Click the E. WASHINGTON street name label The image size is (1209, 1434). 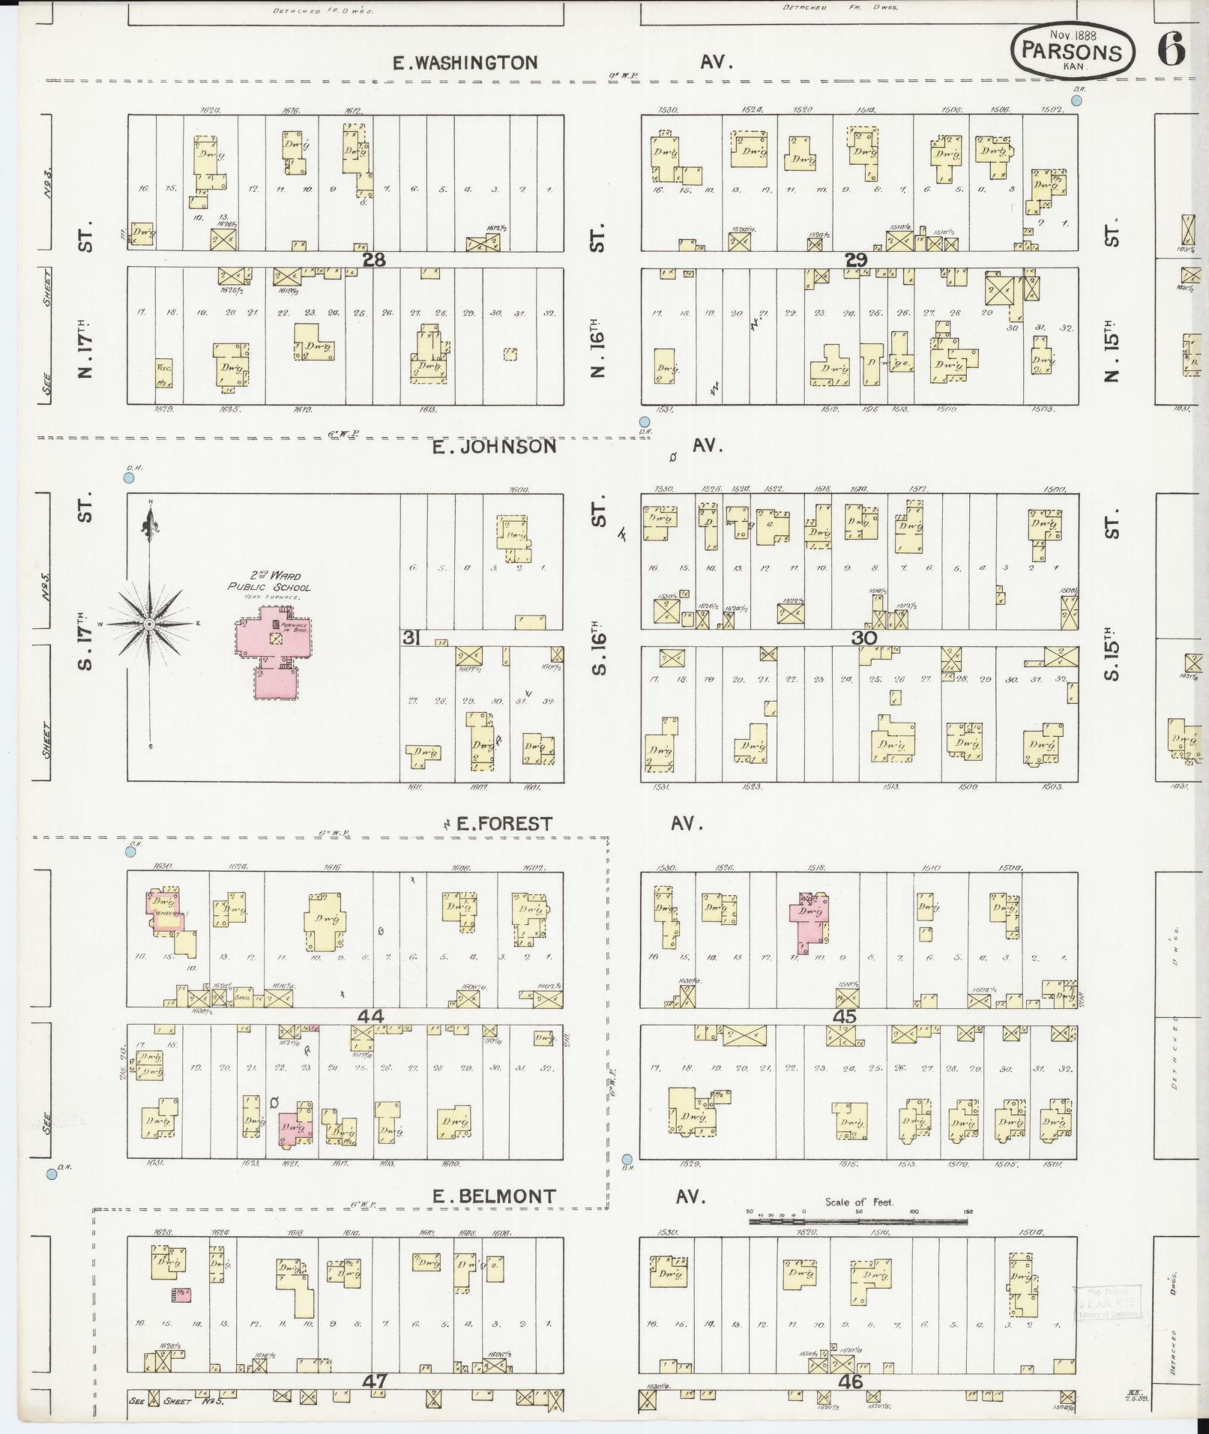pos(465,63)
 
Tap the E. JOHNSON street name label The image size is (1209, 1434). pos(495,447)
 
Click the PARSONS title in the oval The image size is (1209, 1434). pos(1072,52)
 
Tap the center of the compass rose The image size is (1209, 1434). pos(149,624)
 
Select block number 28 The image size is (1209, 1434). pos(373,260)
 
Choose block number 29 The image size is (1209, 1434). pos(856,260)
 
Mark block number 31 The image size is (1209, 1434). pos(411,638)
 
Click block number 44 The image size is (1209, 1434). pos(371,1016)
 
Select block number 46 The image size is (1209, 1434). pos(851,1382)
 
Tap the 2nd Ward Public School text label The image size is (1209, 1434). pos(269,582)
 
